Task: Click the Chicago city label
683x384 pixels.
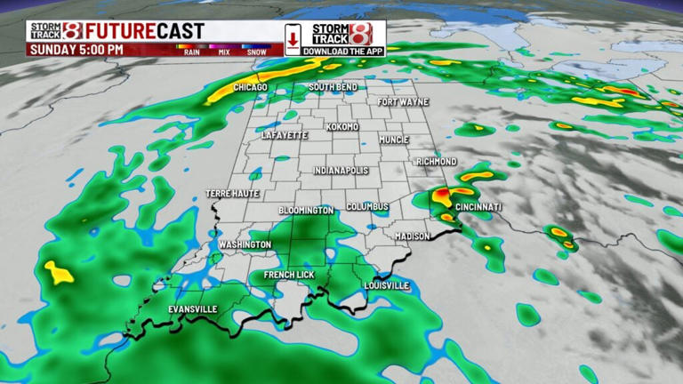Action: click(251, 87)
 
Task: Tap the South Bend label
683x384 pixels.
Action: click(333, 87)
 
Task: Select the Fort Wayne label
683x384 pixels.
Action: click(402, 102)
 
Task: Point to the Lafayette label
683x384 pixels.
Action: click(285, 135)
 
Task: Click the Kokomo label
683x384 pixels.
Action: click(342, 127)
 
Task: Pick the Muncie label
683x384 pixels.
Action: click(392, 140)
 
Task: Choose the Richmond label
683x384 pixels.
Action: click(436, 162)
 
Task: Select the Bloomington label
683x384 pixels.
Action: click(306, 211)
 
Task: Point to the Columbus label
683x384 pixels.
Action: click(367, 206)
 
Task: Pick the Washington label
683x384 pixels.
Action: click(245, 244)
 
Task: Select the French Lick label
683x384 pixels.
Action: click(289, 276)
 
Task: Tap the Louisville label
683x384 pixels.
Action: click(387, 285)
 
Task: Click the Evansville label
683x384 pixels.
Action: click(193, 309)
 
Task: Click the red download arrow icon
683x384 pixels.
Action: click(293, 39)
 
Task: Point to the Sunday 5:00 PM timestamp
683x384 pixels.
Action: click(76, 50)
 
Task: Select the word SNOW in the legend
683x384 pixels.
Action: click(256, 52)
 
